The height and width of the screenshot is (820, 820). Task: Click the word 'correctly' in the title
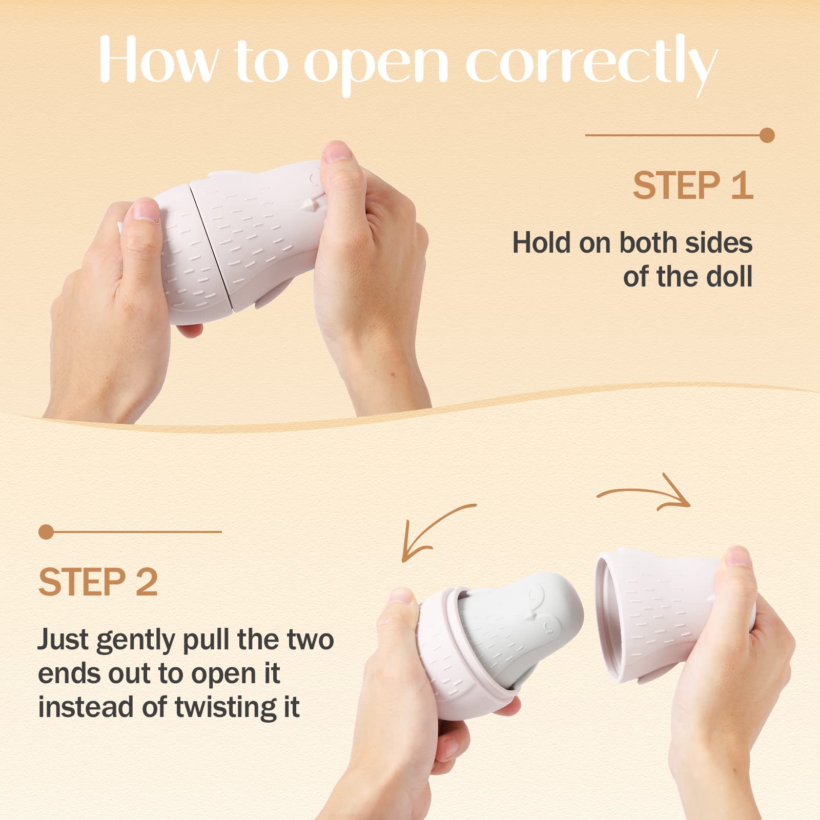pos(591,64)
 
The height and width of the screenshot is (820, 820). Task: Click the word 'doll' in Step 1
pos(729,276)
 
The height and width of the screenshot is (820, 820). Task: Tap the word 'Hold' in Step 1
pos(542,242)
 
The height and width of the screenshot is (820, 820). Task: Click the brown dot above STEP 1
pos(767,135)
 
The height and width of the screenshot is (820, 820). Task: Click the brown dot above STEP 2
pos(46,532)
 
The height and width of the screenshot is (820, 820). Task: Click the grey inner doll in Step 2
pos(518,630)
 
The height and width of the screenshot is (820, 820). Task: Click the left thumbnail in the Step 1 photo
pos(146,210)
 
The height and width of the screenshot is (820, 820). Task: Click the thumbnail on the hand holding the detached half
pos(739,556)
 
